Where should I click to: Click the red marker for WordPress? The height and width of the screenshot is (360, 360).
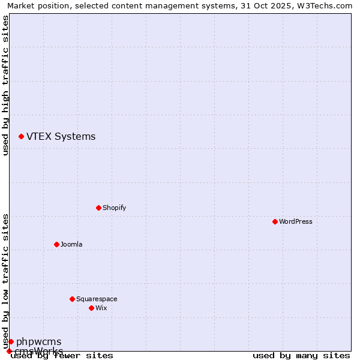tap(275, 221)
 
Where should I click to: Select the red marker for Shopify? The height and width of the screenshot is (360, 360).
tap(98, 208)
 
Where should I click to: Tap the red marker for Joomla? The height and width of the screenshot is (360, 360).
tap(56, 244)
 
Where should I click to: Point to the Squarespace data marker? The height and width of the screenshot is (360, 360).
tap(72, 299)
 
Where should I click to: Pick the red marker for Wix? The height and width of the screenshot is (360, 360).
tap(91, 308)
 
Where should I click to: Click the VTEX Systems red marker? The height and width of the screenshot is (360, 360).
tap(21, 137)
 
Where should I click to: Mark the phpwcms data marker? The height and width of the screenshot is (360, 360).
tap(11, 341)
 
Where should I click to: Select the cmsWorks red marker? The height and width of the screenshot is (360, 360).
tap(9, 351)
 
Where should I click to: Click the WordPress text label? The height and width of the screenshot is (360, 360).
tap(296, 221)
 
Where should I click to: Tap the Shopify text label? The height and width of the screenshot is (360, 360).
tap(114, 208)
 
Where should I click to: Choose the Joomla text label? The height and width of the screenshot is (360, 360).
tap(71, 244)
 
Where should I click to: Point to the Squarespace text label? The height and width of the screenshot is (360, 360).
tap(97, 299)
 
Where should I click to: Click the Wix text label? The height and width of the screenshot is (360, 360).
tap(101, 308)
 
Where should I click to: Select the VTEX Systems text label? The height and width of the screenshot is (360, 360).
tap(61, 136)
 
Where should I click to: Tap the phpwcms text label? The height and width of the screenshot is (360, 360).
tap(38, 341)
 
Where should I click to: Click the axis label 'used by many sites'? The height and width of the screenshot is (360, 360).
tap(301, 356)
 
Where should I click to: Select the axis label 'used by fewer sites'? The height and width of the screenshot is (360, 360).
tap(62, 356)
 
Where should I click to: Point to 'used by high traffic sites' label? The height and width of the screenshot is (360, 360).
tap(5, 85)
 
